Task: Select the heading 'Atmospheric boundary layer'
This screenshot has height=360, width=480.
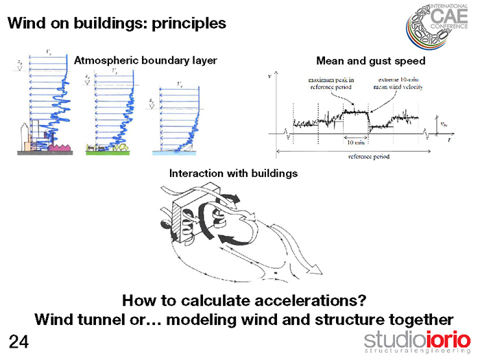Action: point(145,60)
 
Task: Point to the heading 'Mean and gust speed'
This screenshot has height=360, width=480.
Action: point(370,61)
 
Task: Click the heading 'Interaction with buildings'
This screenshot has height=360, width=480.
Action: point(233,173)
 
